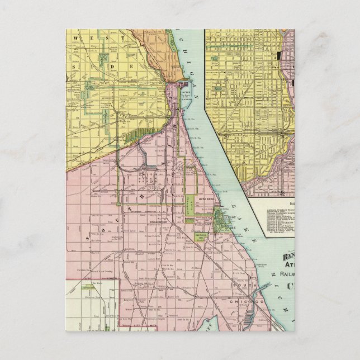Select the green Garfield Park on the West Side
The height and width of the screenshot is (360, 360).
click(104, 58)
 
